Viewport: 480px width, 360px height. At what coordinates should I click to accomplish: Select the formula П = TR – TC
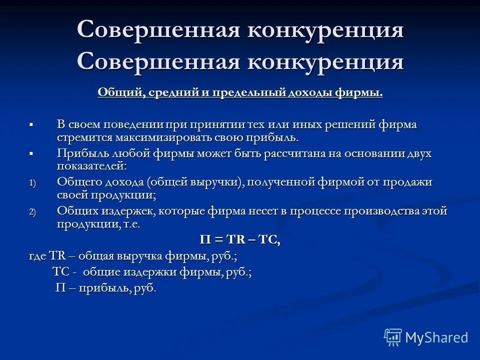click(x=240, y=240)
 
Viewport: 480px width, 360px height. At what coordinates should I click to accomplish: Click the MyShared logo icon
click(x=393, y=337)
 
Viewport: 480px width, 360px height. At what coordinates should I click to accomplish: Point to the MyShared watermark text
click(x=436, y=337)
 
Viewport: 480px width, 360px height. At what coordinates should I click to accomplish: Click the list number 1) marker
click(x=32, y=183)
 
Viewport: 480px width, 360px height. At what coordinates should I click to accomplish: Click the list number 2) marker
click(x=32, y=212)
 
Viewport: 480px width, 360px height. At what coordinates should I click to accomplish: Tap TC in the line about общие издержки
click(x=60, y=272)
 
